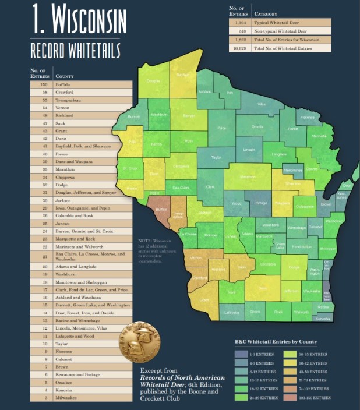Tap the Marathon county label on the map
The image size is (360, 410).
click(x=248, y=176)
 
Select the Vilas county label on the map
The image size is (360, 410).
click(x=262, y=104)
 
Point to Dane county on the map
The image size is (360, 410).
click(x=262, y=288)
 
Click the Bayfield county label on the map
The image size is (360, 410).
click(x=183, y=75)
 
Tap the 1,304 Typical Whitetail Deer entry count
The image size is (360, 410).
click(x=239, y=22)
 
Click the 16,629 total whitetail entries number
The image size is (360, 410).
click(x=239, y=48)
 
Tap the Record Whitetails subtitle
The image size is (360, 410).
click(x=75, y=50)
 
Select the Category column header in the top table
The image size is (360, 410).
click(x=266, y=13)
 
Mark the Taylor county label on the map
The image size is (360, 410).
click(x=216, y=157)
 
